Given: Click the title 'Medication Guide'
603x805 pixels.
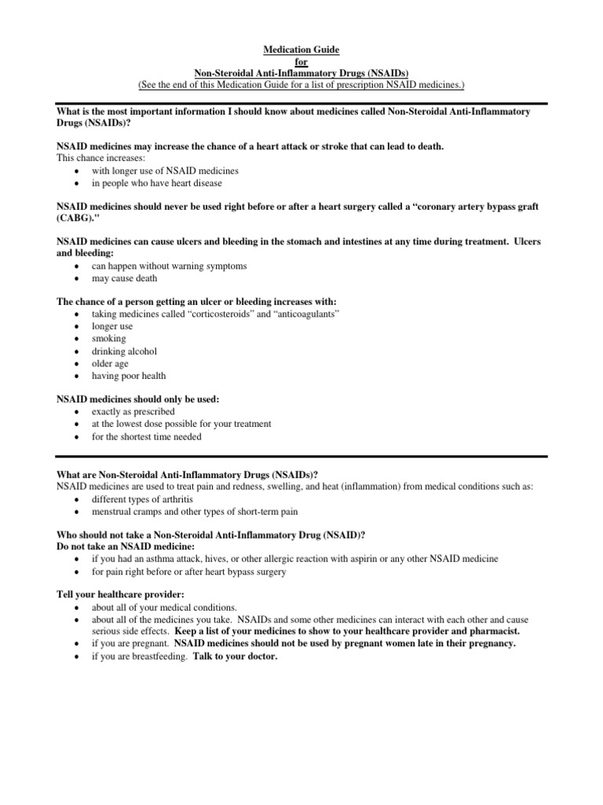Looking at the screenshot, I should tap(301, 50).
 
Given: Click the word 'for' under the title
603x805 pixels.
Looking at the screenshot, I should tap(301, 61).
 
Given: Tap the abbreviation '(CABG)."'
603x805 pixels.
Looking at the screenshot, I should tap(79, 219).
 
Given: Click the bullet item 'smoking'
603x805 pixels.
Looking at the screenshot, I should tap(108, 339).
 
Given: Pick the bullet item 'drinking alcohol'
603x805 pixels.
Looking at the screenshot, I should tap(124, 351).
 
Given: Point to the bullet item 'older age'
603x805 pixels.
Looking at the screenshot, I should tap(110, 364).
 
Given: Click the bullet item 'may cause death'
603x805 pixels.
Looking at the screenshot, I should tap(124, 278).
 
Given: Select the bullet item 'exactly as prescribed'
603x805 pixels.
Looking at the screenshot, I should tap(133, 412).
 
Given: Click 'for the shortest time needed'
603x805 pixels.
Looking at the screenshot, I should tap(146, 437).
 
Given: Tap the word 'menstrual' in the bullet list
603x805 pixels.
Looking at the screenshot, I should tap(112, 512).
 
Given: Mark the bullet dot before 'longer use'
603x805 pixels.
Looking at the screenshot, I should tap(75, 327).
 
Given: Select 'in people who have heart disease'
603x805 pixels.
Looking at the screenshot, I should tap(157, 183).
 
